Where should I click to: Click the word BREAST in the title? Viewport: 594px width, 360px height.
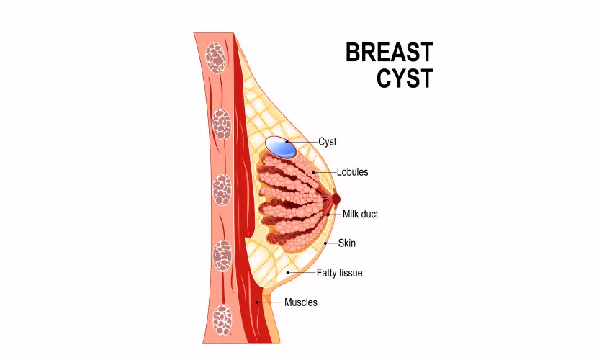389,53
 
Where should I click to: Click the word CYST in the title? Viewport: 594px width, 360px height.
405,78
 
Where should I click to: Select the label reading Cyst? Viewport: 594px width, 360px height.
327,142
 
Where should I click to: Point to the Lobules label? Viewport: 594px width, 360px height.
352,172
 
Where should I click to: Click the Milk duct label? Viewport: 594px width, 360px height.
360,214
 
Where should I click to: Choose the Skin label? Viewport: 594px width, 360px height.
346,243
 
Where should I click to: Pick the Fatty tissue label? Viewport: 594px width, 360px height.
339,273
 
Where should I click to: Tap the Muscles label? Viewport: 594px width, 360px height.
300,302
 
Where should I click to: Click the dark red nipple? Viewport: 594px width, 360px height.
336,197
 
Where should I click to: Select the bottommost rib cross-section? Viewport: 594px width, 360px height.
223,318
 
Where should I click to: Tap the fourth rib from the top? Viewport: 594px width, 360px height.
222,253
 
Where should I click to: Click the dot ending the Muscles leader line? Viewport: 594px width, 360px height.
257,302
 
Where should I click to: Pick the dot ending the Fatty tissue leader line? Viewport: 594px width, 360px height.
288,273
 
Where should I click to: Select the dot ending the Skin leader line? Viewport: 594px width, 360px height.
325,243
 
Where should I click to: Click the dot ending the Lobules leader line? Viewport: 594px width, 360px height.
313,172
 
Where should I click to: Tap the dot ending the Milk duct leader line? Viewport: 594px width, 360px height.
328,214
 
